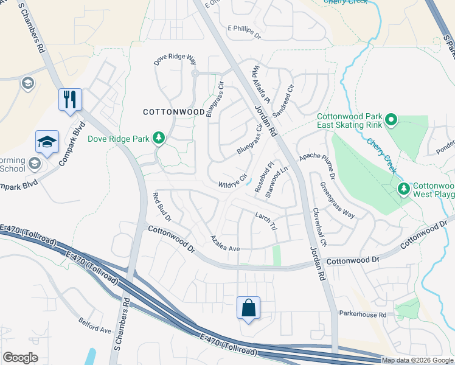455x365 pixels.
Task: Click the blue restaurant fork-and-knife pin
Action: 70,99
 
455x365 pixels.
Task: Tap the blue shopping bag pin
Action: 249,307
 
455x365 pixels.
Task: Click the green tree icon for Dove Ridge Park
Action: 159,138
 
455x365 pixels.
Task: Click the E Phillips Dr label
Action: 244,32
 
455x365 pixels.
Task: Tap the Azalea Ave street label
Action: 226,244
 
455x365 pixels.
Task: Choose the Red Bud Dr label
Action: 162,207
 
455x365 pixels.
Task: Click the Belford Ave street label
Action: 95,325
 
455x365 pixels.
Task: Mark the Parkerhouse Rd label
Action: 363,315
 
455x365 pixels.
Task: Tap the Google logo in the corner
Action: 20,358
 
